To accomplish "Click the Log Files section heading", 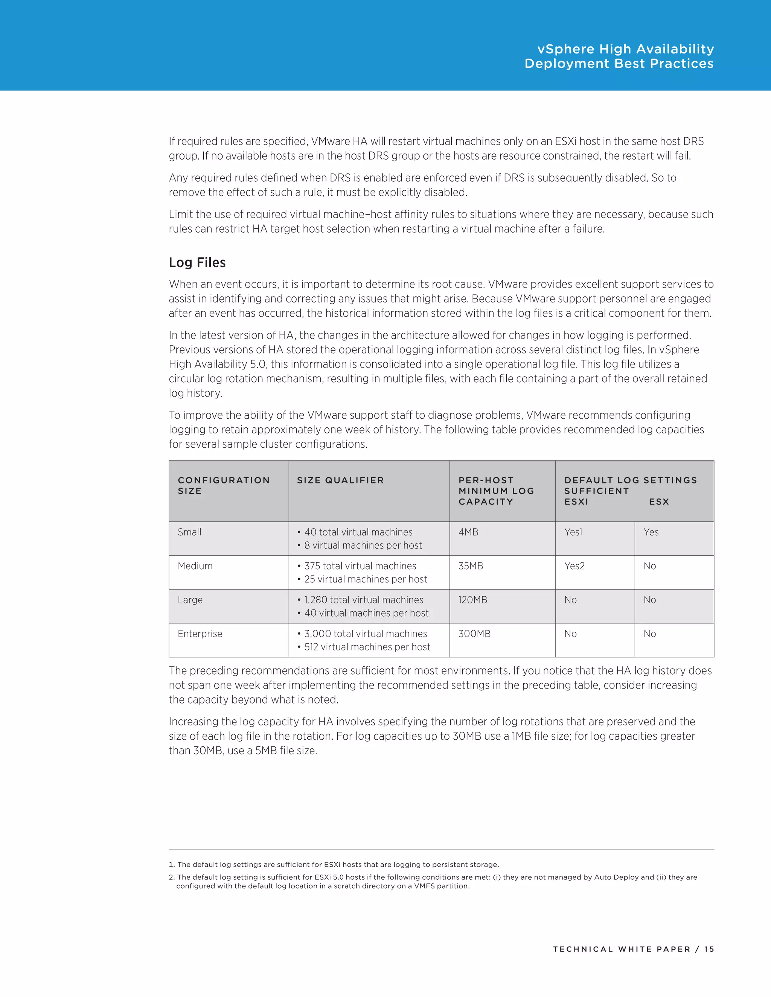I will [x=197, y=263].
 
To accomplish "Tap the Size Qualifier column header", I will [x=340, y=480].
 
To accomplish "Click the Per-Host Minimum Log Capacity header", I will [x=496, y=491].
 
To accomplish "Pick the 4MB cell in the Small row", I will [x=468, y=532].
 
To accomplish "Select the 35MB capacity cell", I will [x=471, y=566].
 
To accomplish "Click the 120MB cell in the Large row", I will [x=473, y=600].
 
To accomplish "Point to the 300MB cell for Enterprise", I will [x=474, y=634].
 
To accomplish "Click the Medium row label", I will [x=195, y=566].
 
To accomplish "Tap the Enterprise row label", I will [x=200, y=634].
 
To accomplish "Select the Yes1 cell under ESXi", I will [x=573, y=532].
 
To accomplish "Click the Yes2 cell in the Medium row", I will [x=574, y=566].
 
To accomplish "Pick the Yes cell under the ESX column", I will [x=651, y=532].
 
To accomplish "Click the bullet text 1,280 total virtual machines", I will [x=364, y=600].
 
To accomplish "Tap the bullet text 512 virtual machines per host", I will [x=367, y=647].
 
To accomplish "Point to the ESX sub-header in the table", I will [x=659, y=502].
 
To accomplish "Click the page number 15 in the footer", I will [x=709, y=949].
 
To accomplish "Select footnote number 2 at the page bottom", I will [x=172, y=877].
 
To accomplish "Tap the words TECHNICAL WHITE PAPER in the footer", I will [x=621, y=949].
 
